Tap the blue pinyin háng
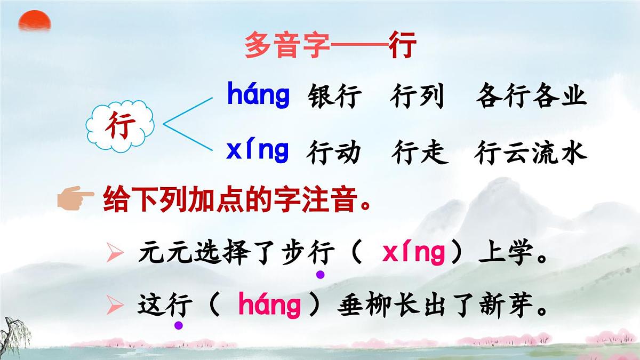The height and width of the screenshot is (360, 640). click(x=259, y=95)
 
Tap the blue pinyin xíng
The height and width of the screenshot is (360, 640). click(x=258, y=150)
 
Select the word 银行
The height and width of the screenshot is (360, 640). click(x=334, y=97)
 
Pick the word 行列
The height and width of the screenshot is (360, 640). click(x=417, y=97)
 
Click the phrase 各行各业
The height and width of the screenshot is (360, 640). click(x=531, y=97)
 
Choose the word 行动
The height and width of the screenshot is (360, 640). click(x=334, y=153)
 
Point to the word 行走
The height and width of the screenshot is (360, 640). click(x=419, y=153)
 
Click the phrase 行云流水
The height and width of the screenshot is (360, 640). click(x=531, y=153)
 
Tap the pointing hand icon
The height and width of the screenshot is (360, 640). click(x=75, y=201)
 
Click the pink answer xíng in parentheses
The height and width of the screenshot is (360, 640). click(x=414, y=254)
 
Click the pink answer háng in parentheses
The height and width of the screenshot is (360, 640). click(x=269, y=306)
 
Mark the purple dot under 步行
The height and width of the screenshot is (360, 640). click(x=320, y=275)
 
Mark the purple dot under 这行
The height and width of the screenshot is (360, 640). click(x=179, y=325)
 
